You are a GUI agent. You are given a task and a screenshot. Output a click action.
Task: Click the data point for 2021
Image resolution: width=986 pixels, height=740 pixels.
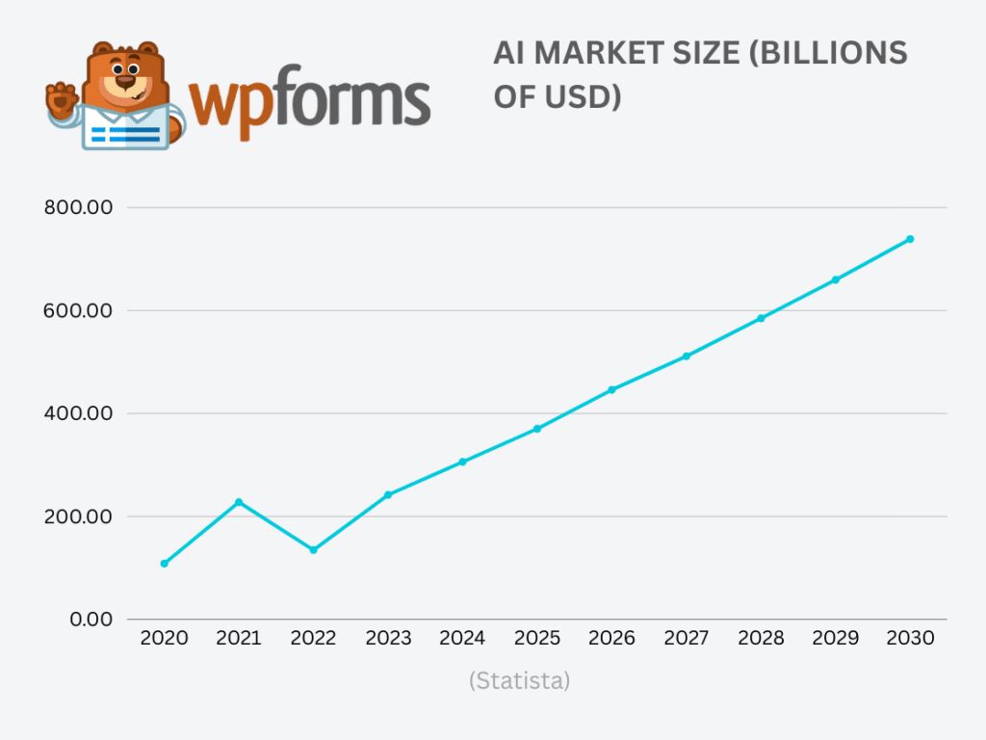239,502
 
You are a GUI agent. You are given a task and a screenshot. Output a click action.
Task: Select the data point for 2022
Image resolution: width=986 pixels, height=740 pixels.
313,550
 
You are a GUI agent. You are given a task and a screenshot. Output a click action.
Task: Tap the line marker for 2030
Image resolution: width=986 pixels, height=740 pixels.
910,239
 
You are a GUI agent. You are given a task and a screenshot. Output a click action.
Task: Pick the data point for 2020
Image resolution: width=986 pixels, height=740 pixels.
164,564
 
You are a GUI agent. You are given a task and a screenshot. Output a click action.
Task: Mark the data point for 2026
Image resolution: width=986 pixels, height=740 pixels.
611,390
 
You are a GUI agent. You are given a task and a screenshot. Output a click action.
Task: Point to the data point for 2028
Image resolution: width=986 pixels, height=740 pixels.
761,318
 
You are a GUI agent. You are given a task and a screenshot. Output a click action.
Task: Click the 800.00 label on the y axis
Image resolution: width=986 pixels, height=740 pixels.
80,207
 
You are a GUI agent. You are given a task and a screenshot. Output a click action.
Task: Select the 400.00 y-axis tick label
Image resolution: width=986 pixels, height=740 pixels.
80,413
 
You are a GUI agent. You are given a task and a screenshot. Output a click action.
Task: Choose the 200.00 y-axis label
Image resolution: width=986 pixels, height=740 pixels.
80,516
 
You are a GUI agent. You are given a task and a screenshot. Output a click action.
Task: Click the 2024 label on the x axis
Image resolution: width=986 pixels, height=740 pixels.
462,639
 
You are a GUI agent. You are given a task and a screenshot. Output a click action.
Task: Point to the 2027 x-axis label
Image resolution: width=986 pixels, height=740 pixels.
687,639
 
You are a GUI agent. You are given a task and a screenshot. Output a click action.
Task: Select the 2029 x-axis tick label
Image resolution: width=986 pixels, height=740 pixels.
836,639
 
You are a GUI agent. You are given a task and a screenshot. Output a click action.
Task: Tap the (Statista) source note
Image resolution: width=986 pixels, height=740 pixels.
520,681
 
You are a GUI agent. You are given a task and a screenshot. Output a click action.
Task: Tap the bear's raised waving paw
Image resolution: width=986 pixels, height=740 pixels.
63,99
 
